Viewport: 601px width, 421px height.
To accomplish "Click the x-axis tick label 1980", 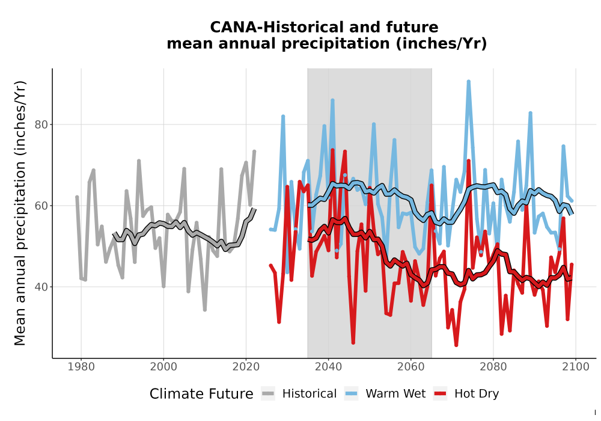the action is (81, 367).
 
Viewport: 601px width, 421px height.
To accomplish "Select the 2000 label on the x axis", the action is (163, 367).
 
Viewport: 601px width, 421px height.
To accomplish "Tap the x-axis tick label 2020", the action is (246, 367).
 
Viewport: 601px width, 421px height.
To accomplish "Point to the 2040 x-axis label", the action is (329, 367).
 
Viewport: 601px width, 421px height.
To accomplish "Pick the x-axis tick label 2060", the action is (411, 367).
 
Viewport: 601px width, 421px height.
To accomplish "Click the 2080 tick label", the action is (493, 367).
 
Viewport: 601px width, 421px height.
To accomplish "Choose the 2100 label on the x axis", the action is (576, 367).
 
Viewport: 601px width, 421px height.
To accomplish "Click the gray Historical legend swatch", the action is (268, 394).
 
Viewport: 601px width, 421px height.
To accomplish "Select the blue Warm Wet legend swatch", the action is (351, 394).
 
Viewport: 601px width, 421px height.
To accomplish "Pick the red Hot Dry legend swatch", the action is (440, 394).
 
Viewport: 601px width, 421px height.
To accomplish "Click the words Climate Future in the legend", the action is (201, 394).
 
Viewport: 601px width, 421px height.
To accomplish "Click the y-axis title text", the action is (20, 213).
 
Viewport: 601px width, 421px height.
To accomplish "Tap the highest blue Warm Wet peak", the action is (468, 82).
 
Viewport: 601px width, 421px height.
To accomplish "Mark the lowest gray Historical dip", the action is (205, 309).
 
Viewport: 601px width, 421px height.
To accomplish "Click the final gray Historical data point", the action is (254, 152).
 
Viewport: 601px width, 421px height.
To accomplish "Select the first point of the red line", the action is (270, 265).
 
